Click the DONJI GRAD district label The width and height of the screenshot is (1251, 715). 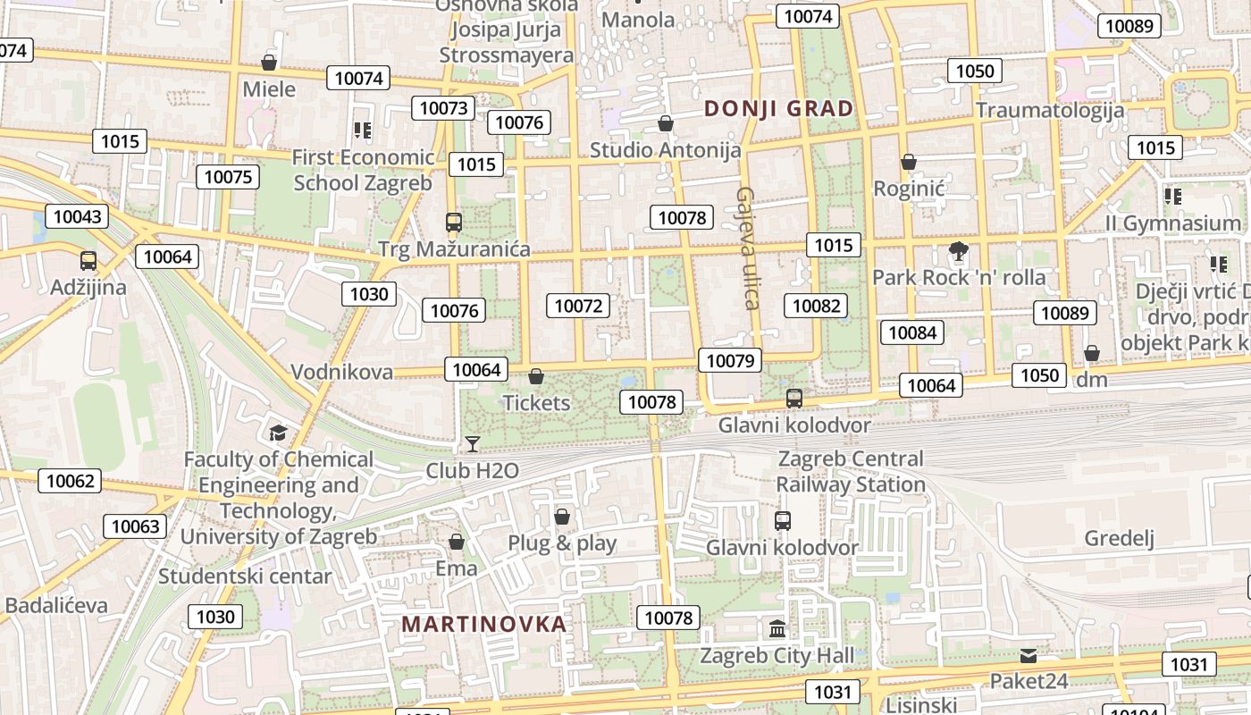(778, 109)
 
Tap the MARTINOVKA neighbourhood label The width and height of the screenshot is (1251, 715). (483, 624)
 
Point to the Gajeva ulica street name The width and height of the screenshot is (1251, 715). (748, 248)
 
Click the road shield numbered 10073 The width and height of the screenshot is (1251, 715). (444, 108)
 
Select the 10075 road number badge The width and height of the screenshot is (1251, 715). (228, 176)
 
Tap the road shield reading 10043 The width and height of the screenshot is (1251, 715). (78, 215)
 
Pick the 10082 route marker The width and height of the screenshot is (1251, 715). (817, 306)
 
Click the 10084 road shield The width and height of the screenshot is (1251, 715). (912, 332)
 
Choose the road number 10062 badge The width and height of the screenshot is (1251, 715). (70, 481)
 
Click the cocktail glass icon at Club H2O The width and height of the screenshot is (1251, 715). (472, 444)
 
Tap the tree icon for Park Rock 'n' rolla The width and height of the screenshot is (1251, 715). (959, 251)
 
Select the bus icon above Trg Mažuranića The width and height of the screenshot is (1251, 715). (454, 223)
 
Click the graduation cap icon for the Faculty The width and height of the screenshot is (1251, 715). (278, 433)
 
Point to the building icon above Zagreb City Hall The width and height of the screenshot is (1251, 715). (777, 628)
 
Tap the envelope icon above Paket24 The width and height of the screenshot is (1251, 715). (1029, 656)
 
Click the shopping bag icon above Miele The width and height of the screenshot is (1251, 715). (269, 63)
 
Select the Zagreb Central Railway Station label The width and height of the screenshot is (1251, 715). (851, 471)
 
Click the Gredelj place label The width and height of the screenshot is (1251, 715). (1120, 538)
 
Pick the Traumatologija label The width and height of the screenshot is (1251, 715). (1049, 110)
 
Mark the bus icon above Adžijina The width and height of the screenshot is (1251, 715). (88, 261)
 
